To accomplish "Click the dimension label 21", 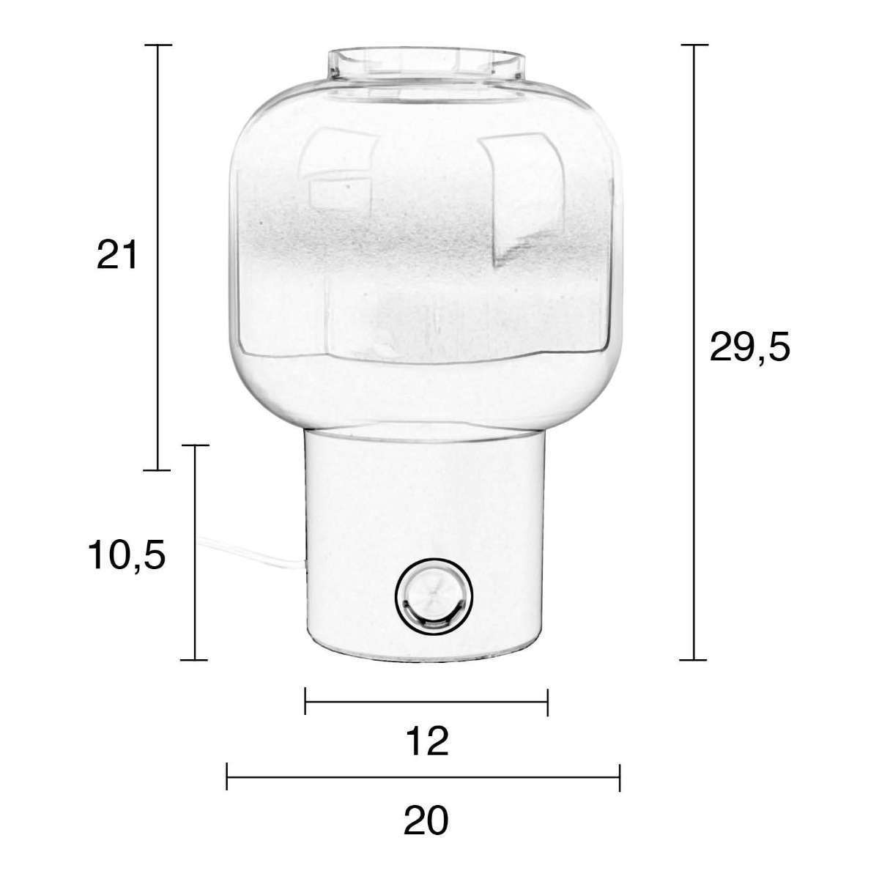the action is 116,255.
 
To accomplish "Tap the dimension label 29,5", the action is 749,349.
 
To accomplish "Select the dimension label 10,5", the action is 126,555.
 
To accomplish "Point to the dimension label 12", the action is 427,742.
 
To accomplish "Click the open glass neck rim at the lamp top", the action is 426,64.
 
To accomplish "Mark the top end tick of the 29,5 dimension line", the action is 694,45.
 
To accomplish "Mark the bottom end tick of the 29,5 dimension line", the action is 694,659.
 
